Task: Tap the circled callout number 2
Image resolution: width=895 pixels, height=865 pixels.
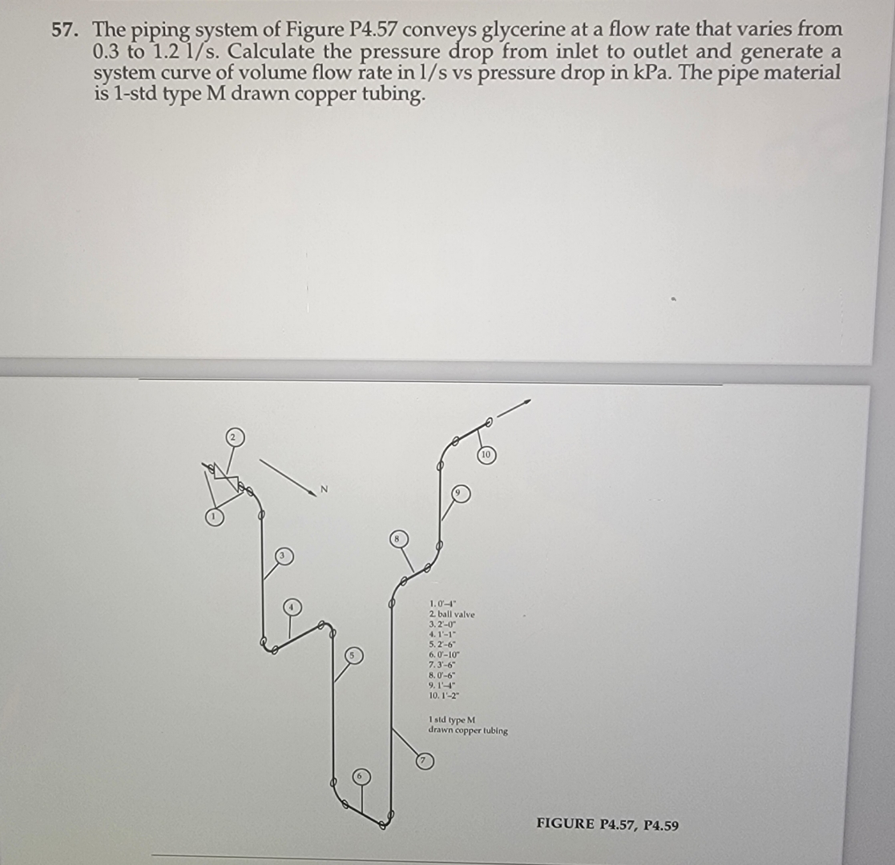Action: [x=233, y=437]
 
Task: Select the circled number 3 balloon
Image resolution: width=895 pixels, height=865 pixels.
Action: [x=284, y=555]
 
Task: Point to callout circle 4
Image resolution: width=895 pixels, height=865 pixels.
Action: [x=294, y=608]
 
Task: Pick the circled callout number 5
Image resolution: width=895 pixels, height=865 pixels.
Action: [x=350, y=656]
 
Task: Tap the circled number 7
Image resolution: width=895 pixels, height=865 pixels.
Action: [x=426, y=761]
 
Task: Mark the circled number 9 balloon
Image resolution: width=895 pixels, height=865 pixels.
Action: [x=459, y=494]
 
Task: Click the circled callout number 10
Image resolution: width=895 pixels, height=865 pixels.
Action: [x=486, y=455]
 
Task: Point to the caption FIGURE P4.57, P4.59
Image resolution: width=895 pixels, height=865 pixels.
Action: [x=607, y=824]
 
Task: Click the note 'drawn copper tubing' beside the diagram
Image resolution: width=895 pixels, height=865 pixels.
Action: [x=468, y=730]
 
